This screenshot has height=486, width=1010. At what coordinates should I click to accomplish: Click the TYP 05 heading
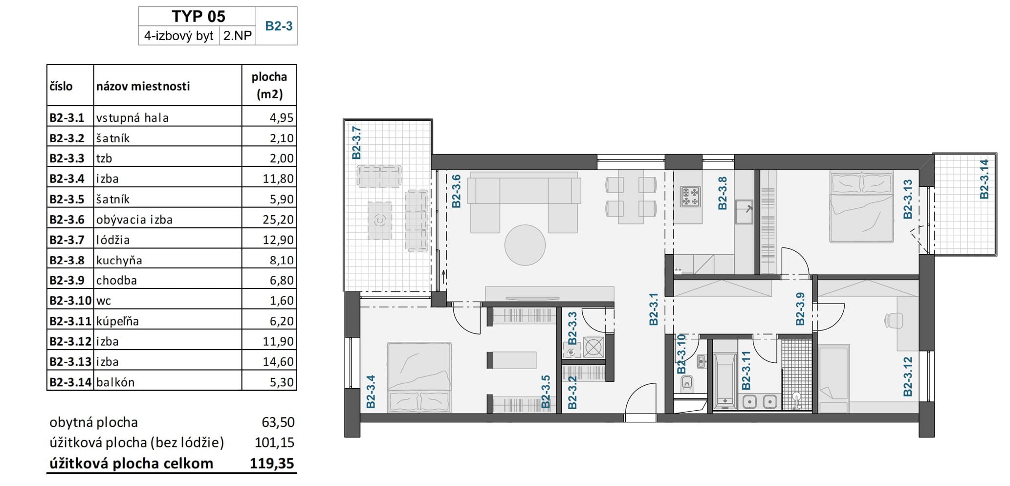click(x=198, y=16)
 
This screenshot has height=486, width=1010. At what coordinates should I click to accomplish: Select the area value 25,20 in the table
click(x=278, y=220)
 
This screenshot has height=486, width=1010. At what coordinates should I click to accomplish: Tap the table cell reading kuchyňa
click(x=119, y=260)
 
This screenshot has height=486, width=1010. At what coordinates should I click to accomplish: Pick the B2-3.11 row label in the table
click(x=70, y=321)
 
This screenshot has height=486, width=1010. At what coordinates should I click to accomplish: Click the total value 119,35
click(x=272, y=463)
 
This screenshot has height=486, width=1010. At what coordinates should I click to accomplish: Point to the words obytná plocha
click(x=94, y=422)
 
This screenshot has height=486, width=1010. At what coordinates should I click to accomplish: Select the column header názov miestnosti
click(x=143, y=86)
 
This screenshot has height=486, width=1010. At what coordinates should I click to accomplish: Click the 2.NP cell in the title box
click(x=238, y=35)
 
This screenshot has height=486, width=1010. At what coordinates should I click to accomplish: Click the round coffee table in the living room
click(x=525, y=245)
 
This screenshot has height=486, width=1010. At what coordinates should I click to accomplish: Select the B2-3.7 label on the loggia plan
click(x=356, y=143)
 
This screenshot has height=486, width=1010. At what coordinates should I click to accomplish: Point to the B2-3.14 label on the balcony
click(x=984, y=179)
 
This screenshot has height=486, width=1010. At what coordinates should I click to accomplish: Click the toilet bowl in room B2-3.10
click(x=687, y=384)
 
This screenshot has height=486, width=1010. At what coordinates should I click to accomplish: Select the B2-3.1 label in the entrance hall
click(x=654, y=309)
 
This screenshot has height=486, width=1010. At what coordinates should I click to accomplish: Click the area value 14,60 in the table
click(x=278, y=361)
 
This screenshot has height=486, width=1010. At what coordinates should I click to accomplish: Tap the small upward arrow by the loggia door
click(x=443, y=279)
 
